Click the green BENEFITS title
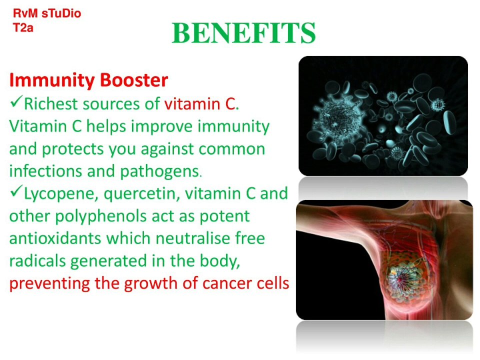[243, 33]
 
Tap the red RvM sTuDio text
[47, 13]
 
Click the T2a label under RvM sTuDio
[23, 28]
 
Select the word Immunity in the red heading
[52, 80]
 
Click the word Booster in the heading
[134, 80]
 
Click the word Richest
[51, 104]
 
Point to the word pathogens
[160, 172]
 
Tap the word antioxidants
[55, 238]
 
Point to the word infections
[45, 171]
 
